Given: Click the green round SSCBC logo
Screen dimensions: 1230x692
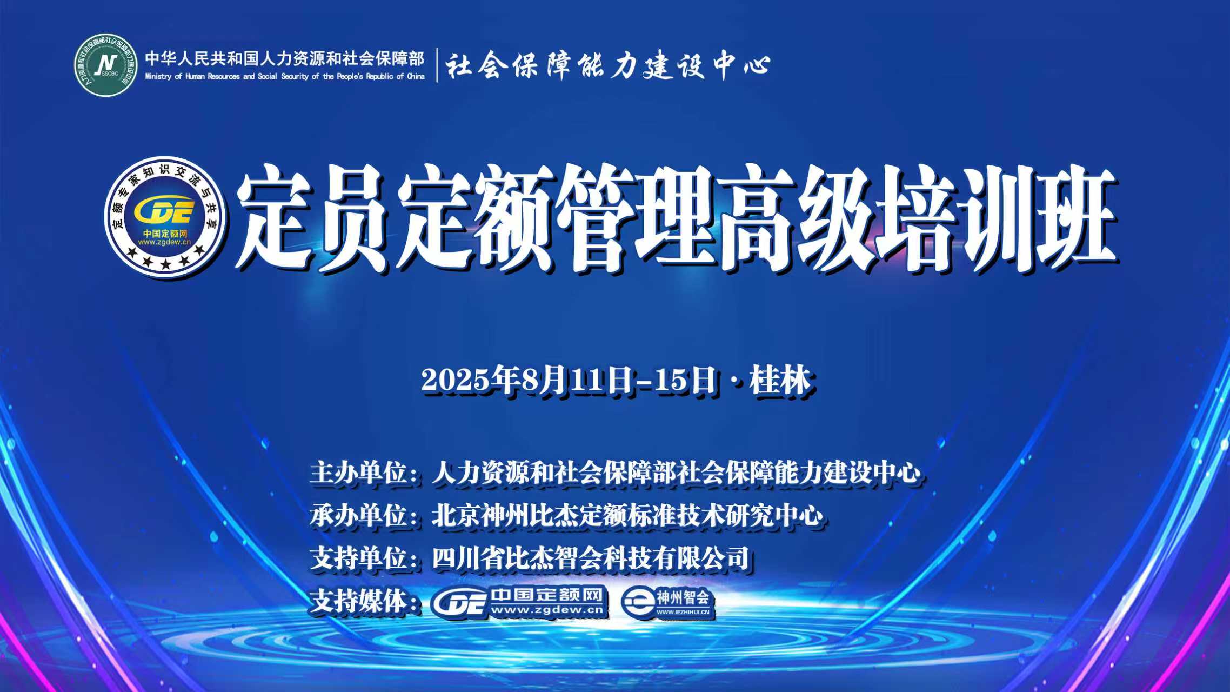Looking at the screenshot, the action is pos(106,65).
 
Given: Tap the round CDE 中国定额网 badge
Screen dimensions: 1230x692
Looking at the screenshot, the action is pos(165,217).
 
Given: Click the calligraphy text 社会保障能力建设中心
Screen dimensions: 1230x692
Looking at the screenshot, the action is pos(608,65).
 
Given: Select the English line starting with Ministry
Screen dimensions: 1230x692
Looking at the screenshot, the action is pos(285,77).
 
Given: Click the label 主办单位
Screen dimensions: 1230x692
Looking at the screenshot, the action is pos(357,473).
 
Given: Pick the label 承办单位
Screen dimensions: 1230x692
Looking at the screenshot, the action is pos(357,515).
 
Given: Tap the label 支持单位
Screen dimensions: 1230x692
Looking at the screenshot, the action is pos(357,558).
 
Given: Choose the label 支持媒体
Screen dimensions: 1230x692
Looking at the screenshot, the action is pos(357,601).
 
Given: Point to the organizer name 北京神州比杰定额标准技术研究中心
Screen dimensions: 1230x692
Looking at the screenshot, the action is pos(627,515).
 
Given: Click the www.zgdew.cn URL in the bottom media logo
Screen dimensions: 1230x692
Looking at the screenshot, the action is pos(547,610).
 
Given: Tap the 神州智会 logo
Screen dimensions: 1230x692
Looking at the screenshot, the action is pos(667,602).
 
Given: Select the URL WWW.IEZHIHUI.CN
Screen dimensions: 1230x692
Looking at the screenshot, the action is pos(683,612).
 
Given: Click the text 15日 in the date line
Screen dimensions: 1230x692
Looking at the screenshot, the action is pos(685,380).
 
